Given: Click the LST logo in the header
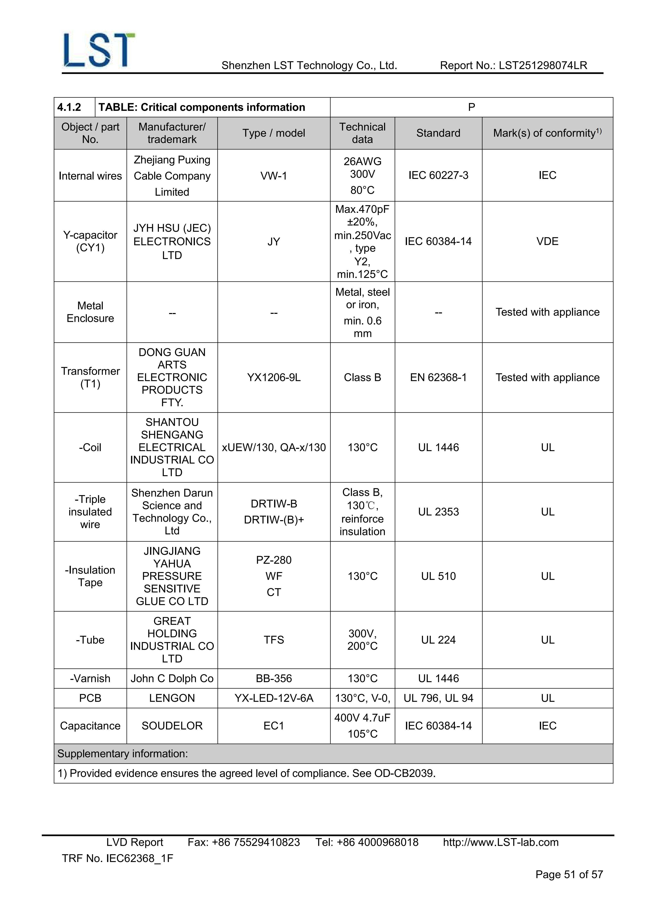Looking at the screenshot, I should (x=99, y=50).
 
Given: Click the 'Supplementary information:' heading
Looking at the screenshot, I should (x=123, y=754).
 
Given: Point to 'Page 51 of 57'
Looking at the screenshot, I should (x=569, y=874).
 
